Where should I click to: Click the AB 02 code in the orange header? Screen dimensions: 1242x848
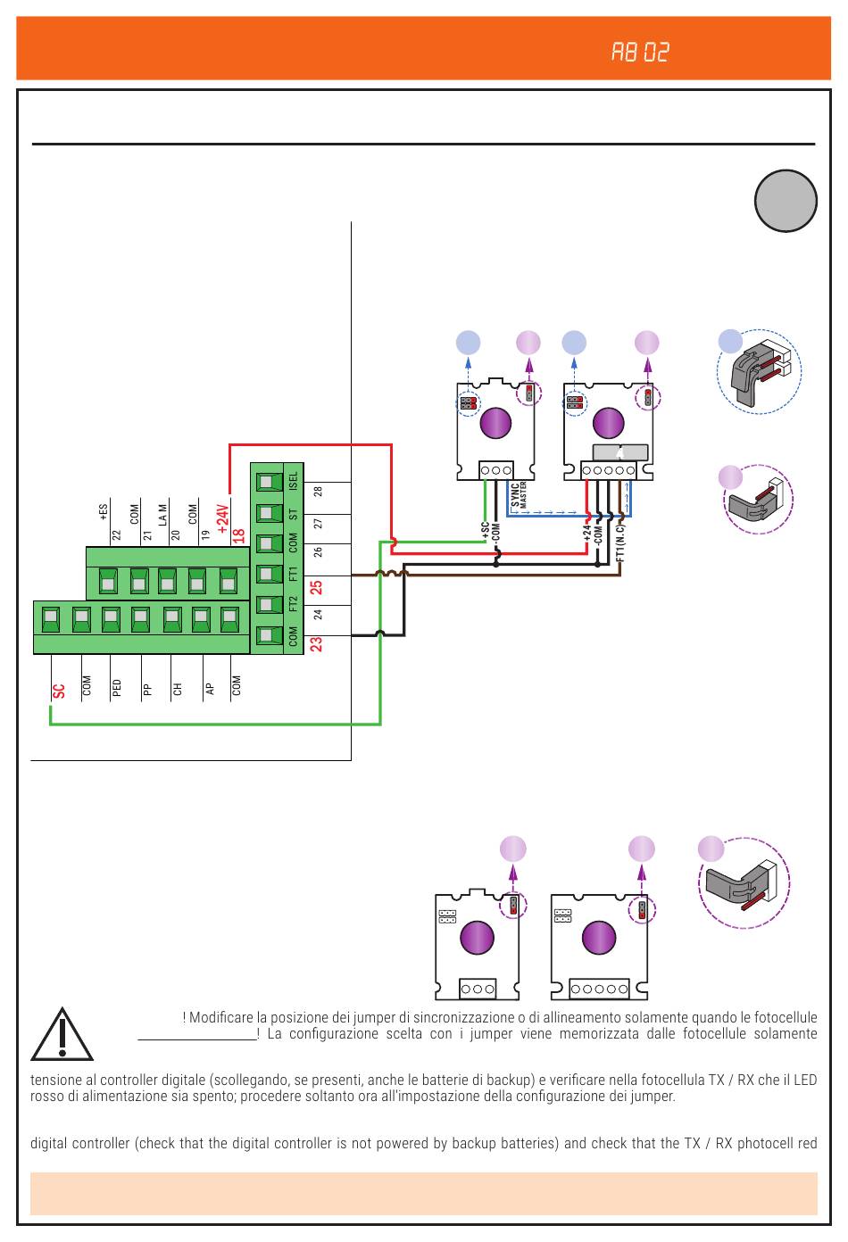(640, 53)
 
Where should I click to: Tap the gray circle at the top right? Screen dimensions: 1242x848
(786, 201)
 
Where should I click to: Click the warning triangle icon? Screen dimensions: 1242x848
(62, 1035)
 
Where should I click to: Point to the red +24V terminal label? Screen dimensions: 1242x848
(223, 518)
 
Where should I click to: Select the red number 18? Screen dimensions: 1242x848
(238, 535)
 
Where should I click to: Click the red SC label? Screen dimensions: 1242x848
(59, 691)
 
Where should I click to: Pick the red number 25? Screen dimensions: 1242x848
(316, 587)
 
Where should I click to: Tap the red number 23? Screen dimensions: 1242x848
(316, 643)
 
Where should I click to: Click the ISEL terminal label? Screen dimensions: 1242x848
(294, 481)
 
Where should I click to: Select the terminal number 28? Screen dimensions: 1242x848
(319, 492)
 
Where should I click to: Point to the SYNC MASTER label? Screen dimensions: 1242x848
(519, 496)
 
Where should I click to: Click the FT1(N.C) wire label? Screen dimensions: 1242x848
(620, 542)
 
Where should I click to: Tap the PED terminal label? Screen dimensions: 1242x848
(117, 688)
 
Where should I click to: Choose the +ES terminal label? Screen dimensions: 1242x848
(104, 512)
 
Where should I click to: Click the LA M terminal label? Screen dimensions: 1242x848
(163, 515)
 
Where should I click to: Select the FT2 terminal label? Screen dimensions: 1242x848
(294, 604)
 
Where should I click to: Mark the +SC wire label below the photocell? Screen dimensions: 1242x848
(486, 531)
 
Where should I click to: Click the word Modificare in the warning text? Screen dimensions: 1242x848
(221, 1017)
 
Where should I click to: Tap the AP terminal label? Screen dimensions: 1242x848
(210, 689)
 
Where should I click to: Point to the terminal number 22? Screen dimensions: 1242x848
(116, 535)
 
